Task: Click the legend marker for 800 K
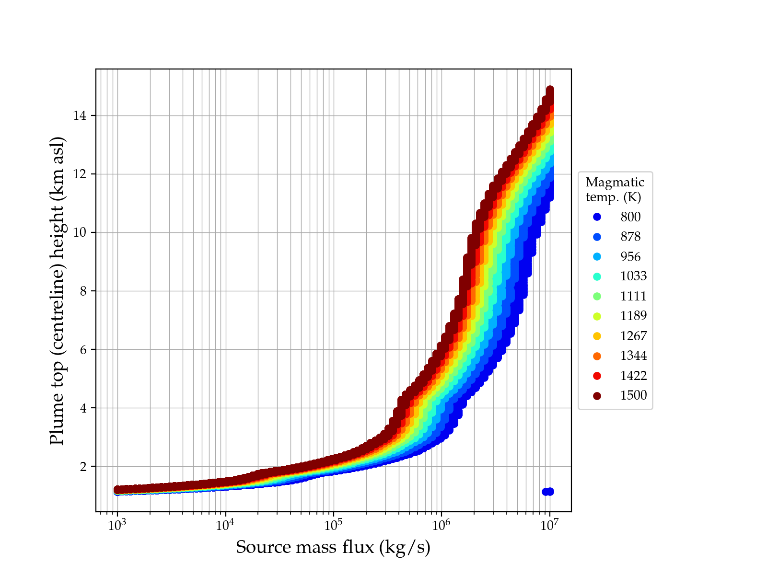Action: (x=597, y=217)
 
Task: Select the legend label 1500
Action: (x=633, y=395)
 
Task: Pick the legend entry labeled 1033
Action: (x=633, y=276)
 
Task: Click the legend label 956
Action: (x=630, y=257)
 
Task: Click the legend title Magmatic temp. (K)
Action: (x=615, y=189)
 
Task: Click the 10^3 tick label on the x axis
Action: (x=117, y=525)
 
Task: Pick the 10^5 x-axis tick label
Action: (x=333, y=525)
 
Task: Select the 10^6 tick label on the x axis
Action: (x=442, y=525)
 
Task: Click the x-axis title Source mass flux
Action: (x=333, y=547)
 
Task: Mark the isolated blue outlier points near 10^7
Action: (x=548, y=492)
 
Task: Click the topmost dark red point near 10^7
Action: (x=550, y=90)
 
